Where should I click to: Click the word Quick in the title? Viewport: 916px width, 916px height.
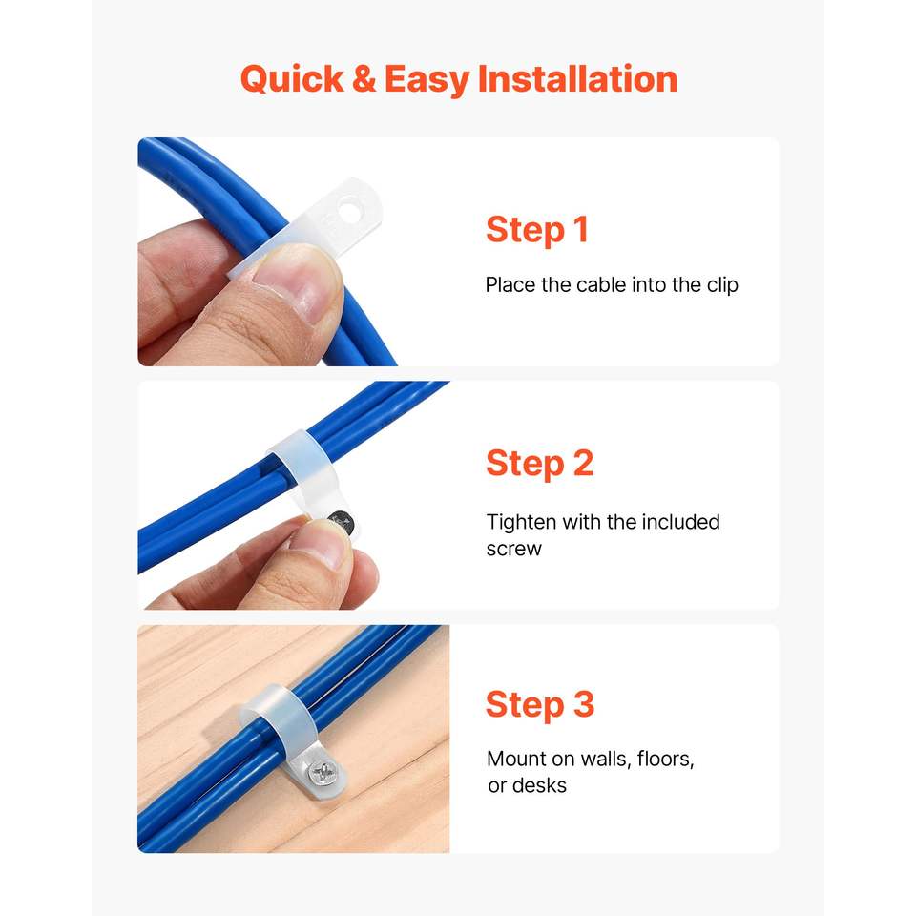coord(292,80)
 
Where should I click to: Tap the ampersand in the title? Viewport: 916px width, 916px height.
coord(364,79)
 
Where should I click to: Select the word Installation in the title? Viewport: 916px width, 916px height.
coord(577,79)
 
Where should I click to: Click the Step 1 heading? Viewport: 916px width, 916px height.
coord(537,230)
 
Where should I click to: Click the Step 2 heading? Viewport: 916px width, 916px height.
coord(540,464)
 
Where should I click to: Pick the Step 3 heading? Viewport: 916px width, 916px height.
coord(540,704)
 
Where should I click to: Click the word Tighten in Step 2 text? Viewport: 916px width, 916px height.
coord(521,522)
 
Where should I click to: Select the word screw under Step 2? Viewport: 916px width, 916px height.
coord(514,550)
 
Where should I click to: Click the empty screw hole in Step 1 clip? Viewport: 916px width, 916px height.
coord(351,209)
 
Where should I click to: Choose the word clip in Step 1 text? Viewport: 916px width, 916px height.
coord(722,285)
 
